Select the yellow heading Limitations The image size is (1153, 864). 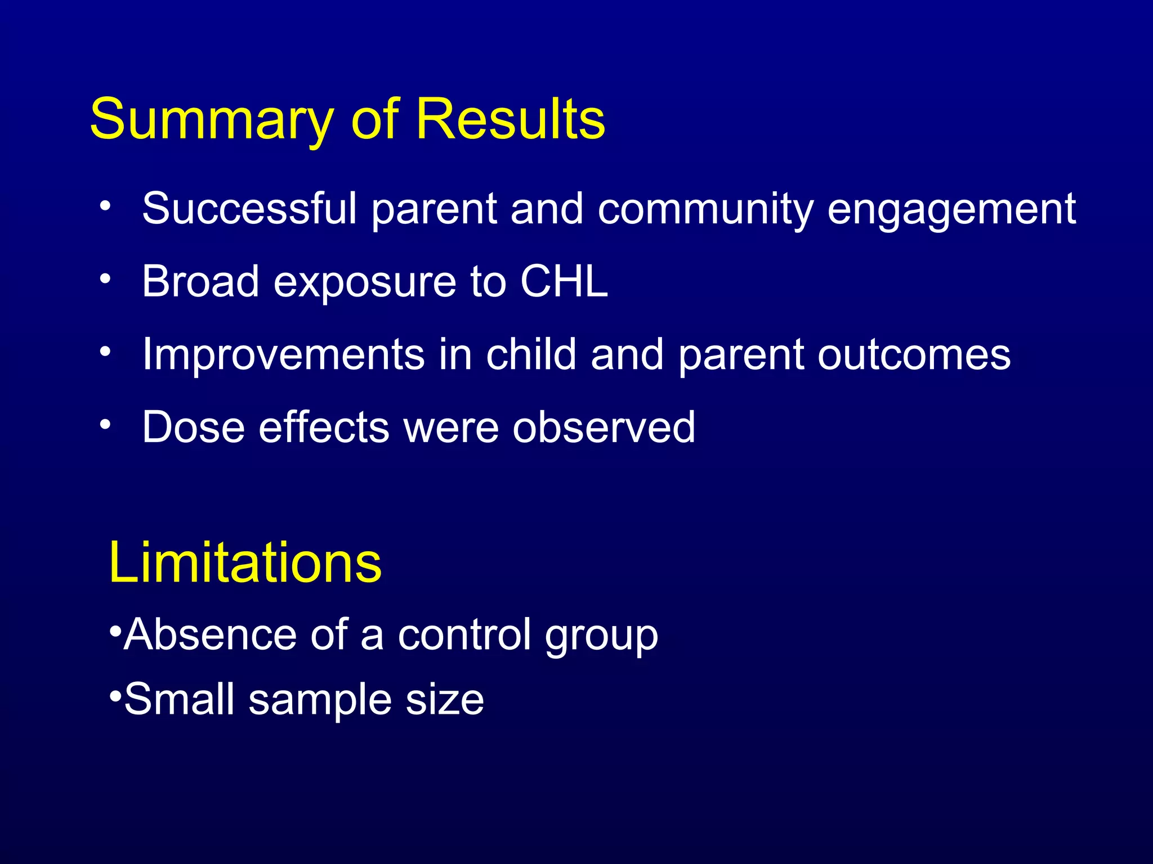tap(245, 562)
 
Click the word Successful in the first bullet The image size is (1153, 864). tap(249, 209)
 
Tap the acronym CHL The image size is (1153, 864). tap(564, 281)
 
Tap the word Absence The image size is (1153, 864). tap(209, 634)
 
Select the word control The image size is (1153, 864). tap(464, 634)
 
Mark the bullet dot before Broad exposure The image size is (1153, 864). tap(105, 278)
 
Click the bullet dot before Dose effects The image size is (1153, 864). tap(105, 424)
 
